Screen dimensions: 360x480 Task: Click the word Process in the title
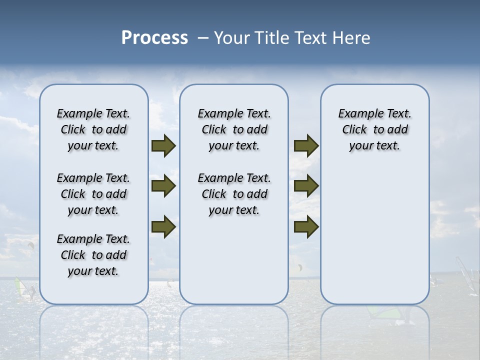[x=154, y=38]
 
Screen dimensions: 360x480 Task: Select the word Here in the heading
[x=352, y=38]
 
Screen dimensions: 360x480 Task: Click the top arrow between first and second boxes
[x=163, y=146]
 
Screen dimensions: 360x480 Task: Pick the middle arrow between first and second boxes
[x=163, y=186]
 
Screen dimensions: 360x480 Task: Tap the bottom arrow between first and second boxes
[x=163, y=227]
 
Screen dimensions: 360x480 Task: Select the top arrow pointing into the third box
[x=306, y=146]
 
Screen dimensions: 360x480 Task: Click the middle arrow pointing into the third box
[x=306, y=186]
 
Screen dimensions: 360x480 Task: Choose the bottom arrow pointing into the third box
[x=306, y=227]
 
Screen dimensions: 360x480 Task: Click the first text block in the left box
[x=93, y=129]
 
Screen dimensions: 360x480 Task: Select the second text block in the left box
[x=93, y=194]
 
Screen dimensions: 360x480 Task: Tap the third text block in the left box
[x=93, y=255]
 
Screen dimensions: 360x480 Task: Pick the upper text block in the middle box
[x=234, y=129]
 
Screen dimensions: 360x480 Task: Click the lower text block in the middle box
[x=234, y=194]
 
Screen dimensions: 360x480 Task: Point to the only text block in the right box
[x=374, y=129]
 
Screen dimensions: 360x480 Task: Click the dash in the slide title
[x=202, y=38]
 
